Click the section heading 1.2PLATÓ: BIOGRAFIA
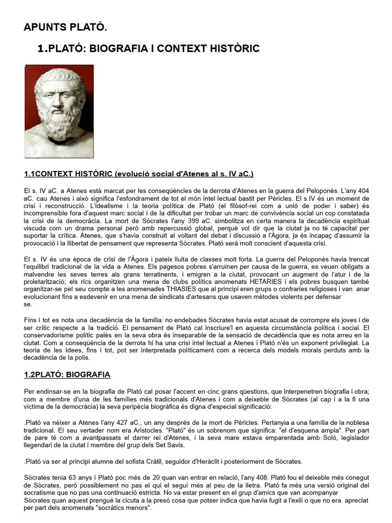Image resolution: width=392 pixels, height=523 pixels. click(67, 374)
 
